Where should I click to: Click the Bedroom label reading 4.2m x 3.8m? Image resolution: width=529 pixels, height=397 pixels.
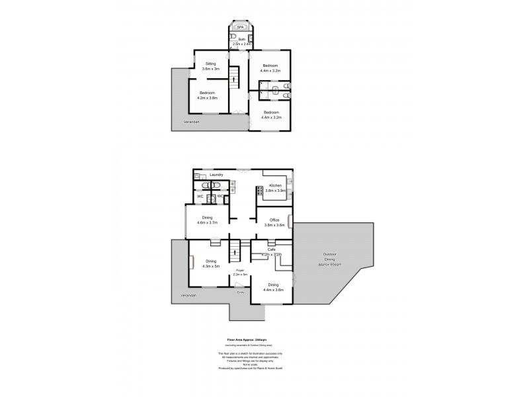click(x=208, y=95)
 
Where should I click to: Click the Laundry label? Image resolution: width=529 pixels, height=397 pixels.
click(x=216, y=175)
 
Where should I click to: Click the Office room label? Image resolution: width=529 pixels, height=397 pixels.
click(x=274, y=222)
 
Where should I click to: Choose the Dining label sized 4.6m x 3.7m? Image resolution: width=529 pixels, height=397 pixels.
click(x=207, y=220)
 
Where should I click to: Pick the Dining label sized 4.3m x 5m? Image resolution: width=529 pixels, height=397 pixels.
click(x=208, y=264)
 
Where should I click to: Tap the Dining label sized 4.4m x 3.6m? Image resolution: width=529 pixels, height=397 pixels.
click(x=273, y=288)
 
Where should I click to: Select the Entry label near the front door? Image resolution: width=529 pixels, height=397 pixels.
click(x=240, y=292)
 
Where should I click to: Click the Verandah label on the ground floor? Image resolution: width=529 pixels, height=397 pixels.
click(x=188, y=296)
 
